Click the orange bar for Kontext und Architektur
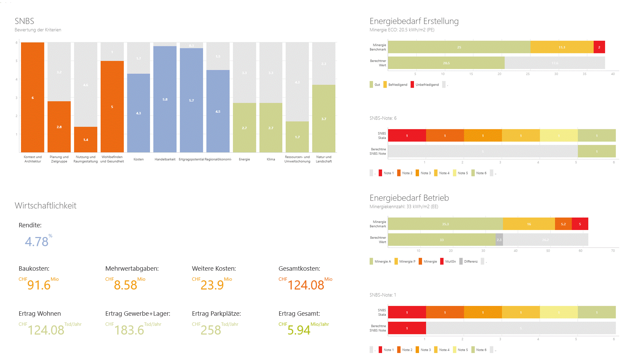[33, 97]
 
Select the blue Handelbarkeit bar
[165, 99]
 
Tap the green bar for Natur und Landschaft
[324, 119]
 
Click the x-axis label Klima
[271, 159]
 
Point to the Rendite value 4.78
[37, 242]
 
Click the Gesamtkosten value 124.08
[306, 285]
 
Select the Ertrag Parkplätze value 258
[211, 330]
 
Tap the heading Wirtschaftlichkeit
[46, 206]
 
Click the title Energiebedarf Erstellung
[414, 21]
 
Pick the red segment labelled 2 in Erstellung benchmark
[599, 47]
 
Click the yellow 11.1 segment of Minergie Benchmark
[562, 47]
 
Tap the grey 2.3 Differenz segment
[499, 240]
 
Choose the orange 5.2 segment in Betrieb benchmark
[563, 224]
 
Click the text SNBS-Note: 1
[383, 295]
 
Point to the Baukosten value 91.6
[39, 285]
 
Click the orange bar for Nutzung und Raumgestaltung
[86, 139]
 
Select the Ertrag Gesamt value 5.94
[299, 330]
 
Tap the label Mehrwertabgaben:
[132, 269]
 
